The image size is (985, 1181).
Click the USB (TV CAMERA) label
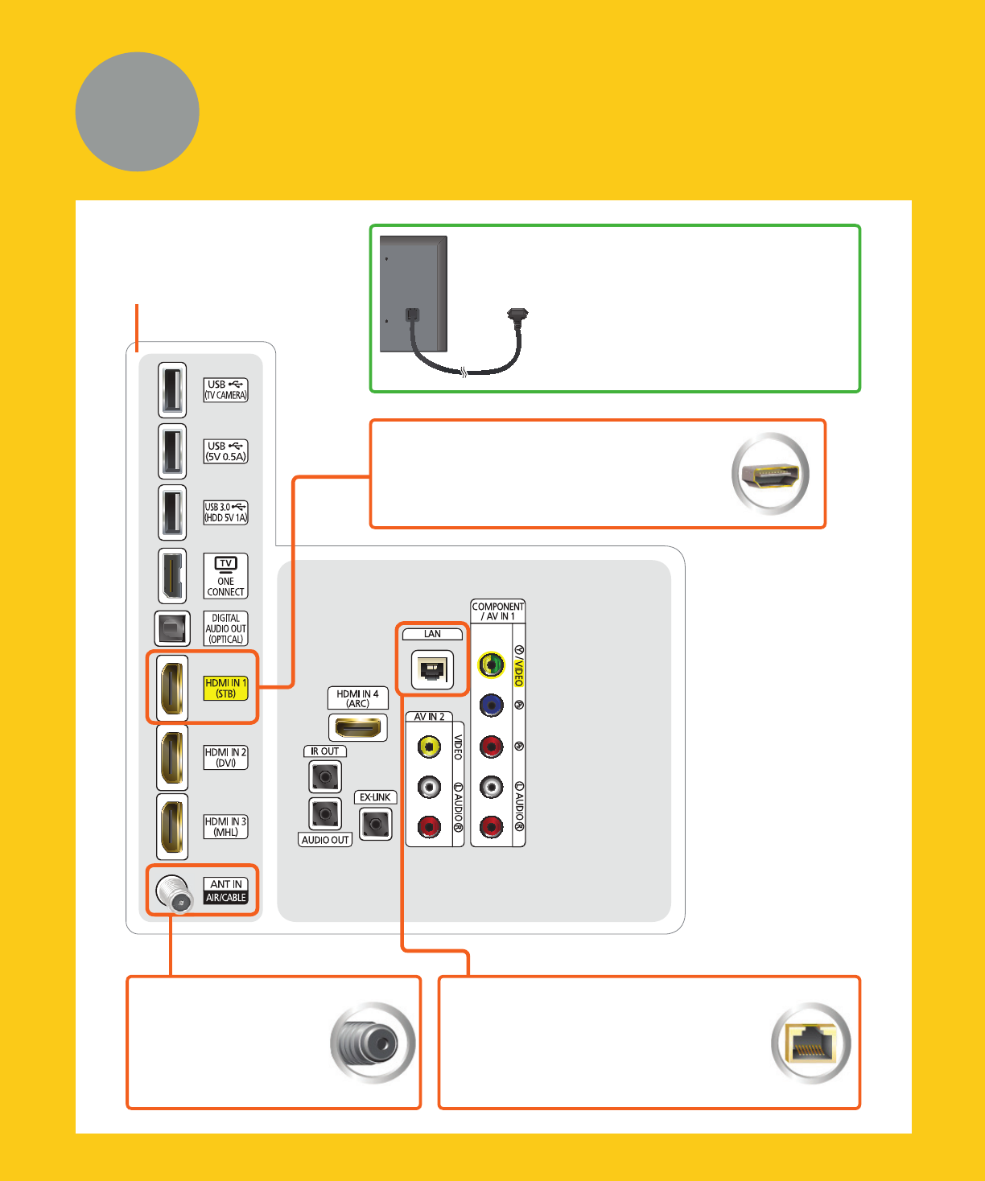[x=225, y=390]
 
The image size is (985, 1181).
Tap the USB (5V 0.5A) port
[x=172, y=451]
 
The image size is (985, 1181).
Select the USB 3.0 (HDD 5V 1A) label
[x=225, y=512]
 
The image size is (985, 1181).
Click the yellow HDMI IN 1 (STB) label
[x=225, y=688]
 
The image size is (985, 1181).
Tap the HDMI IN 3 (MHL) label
[x=225, y=827]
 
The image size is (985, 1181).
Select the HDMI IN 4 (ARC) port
[x=358, y=728]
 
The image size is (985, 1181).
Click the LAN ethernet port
[x=432, y=669]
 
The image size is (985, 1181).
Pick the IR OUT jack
[x=325, y=777]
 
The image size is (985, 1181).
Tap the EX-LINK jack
[x=375, y=824]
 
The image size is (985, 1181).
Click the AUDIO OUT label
[x=325, y=840]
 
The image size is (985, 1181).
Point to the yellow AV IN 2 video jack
[x=429, y=747]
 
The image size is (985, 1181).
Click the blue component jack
[x=491, y=706]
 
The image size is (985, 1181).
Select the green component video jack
[x=491, y=665]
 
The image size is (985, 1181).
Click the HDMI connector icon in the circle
[x=770, y=474]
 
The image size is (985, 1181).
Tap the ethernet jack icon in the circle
[x=811, y=1043]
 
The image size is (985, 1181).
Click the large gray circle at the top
[x=138, y=112]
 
